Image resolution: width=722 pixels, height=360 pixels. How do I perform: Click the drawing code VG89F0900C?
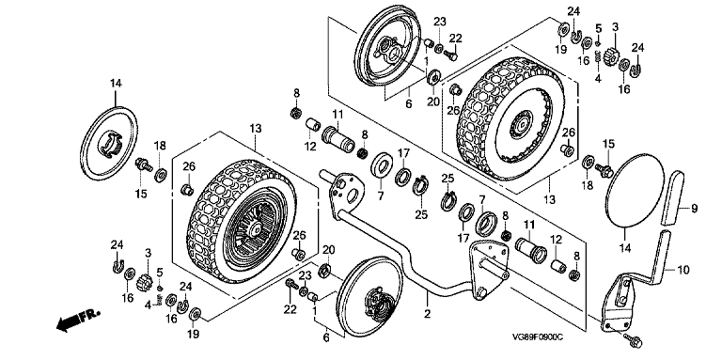[x=537, y=337]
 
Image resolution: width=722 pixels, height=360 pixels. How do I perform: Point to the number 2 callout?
[x=427, y=315]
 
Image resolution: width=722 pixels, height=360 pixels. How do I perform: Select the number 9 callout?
[x=695, y=209]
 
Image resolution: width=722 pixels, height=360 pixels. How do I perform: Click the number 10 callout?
[x=683, y=270]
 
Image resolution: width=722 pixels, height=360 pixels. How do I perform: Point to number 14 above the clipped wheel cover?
[x=116, y=84]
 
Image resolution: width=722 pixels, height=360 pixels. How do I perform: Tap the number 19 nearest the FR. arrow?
[x=194, y=334]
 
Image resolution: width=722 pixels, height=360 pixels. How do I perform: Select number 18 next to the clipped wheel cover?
[x=159, y=146]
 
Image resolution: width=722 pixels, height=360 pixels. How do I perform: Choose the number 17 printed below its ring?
[x=463, y=238]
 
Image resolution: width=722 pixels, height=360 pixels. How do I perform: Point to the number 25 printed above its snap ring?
[x=447, y=178]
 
